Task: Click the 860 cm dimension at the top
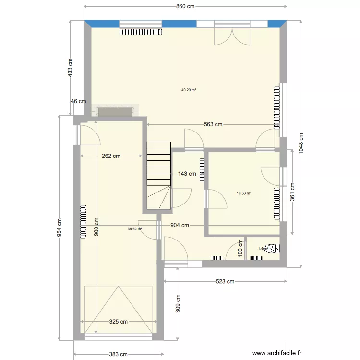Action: (185, 7)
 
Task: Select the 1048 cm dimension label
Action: (301, 143)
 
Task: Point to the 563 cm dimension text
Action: (213, 124)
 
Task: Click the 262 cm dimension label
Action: (111, 156)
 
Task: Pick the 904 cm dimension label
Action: (179, 225)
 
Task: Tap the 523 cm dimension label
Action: (224, 282)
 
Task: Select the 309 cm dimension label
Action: (177, 303)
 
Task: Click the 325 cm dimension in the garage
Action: (118, 322)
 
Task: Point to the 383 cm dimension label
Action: (118, 354)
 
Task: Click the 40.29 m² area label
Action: (189, 89)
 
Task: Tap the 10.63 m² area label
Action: (244, 194)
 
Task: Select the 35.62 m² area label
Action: (134, 229)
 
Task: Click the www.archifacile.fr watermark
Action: (277, 352)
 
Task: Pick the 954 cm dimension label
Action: (60, 228)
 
